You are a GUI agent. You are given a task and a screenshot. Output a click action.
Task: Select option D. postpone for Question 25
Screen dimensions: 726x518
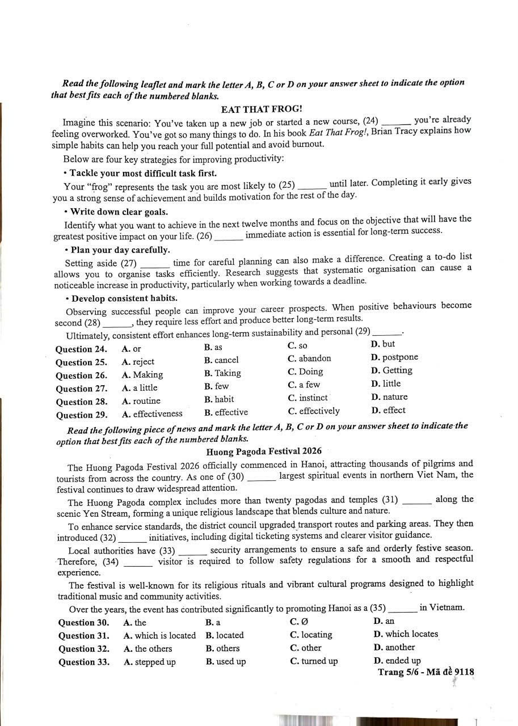[394, 357]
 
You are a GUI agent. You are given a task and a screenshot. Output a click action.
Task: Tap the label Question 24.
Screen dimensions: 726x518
[81, 349]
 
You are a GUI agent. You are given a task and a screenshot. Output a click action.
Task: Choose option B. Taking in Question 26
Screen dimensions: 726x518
[223, 373]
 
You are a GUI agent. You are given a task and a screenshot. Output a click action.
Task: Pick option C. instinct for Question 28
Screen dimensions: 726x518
[308, 398]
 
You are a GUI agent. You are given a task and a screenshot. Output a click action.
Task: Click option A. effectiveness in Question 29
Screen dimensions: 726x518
[152, 414]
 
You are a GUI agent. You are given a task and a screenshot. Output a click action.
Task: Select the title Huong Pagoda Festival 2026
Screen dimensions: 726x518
[264, 451]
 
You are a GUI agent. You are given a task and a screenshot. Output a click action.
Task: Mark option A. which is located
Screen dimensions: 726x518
[159, 636]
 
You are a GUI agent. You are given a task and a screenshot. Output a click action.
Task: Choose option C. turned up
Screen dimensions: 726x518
[313, 661]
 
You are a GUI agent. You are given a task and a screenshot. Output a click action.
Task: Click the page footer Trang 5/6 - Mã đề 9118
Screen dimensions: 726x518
[426, 673]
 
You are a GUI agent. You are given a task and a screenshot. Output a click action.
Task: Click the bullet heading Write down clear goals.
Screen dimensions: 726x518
[119, 212]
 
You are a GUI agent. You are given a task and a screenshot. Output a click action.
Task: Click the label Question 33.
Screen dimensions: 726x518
[84, 662]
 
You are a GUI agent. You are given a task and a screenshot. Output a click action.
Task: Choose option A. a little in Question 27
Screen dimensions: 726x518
[140, 388]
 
